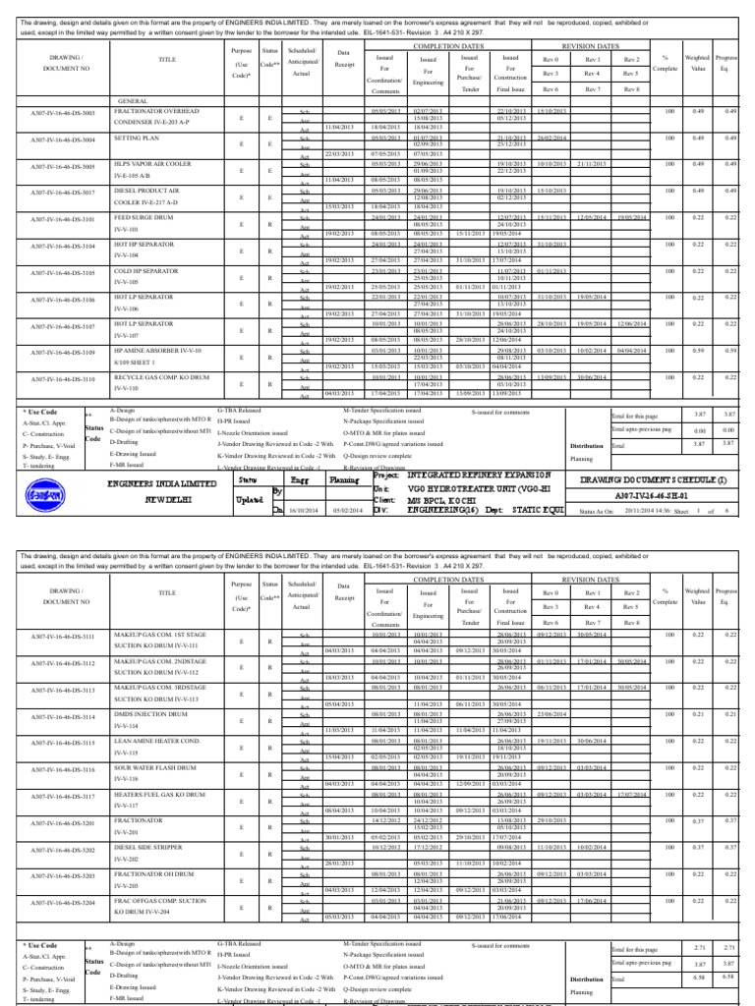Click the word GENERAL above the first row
coord(133,100)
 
